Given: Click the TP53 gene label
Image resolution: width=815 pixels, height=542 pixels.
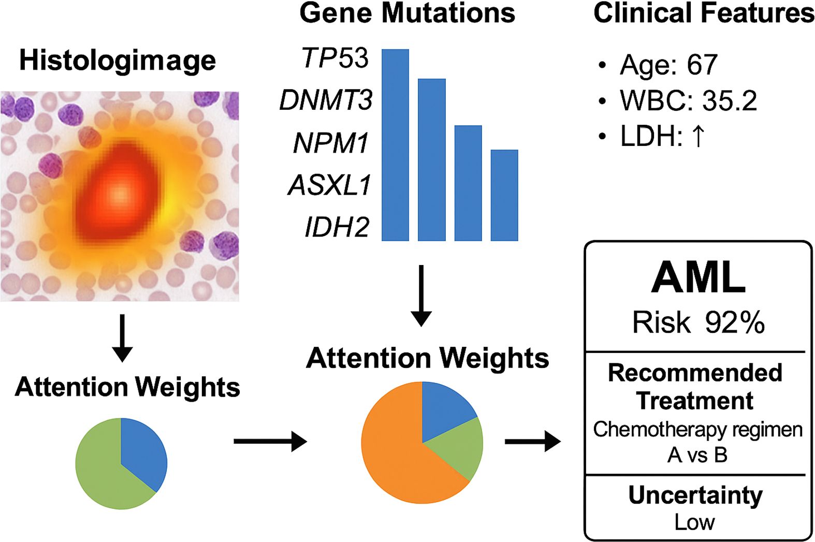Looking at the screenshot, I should (x=335, y=57).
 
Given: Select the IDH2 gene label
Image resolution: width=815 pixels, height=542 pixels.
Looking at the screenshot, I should (x=337, y=227).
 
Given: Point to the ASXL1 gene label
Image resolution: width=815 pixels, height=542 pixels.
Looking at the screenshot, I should (x=330, y=185).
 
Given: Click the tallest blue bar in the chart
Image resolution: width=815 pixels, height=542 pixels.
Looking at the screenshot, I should (x=395, y=145).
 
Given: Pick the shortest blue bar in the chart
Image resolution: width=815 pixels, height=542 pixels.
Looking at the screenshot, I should (x=504, y=195).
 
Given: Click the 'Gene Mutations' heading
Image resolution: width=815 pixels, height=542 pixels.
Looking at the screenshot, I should (x=407, y=13).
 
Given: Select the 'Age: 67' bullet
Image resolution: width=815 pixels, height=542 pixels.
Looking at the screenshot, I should (x=668, y=65).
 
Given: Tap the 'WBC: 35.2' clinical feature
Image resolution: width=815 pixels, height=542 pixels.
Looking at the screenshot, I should (x=688, y=100).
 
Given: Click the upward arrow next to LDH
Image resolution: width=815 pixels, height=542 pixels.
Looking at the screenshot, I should (x=698, y=136).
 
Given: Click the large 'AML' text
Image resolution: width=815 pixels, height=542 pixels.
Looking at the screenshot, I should (x=698, y=278).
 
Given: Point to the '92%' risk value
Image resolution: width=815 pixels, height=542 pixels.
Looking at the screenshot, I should (x=734, y=323).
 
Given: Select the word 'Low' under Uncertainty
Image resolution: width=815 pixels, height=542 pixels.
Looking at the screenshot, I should (x=694, y=522).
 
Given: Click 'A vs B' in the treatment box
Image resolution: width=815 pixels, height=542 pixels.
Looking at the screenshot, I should (x=697, y=455).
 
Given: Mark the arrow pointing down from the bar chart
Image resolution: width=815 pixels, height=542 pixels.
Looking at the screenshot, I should (x=421, y=296).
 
